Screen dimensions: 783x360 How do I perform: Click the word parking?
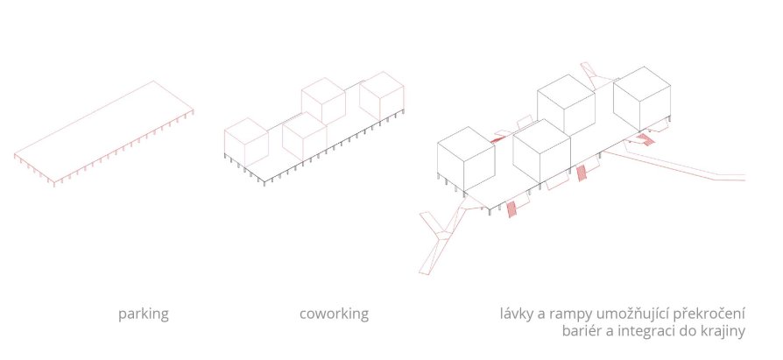[144, 314]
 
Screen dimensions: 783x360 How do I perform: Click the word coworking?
[334, 314]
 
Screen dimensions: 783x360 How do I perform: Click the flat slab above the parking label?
[104, 132]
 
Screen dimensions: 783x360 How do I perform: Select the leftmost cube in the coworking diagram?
[246, 142]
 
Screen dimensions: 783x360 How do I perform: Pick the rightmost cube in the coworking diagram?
[382, 95]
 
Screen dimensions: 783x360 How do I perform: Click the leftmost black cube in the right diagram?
[466, 158]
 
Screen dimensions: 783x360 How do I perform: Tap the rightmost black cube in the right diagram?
[642, 98]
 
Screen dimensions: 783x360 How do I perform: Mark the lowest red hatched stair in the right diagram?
[511, 208]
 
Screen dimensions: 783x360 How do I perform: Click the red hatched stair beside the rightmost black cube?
[646, 139]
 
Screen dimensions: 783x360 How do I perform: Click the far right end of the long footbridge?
[744, 177]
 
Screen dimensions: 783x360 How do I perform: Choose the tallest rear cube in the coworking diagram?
[323, 101]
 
